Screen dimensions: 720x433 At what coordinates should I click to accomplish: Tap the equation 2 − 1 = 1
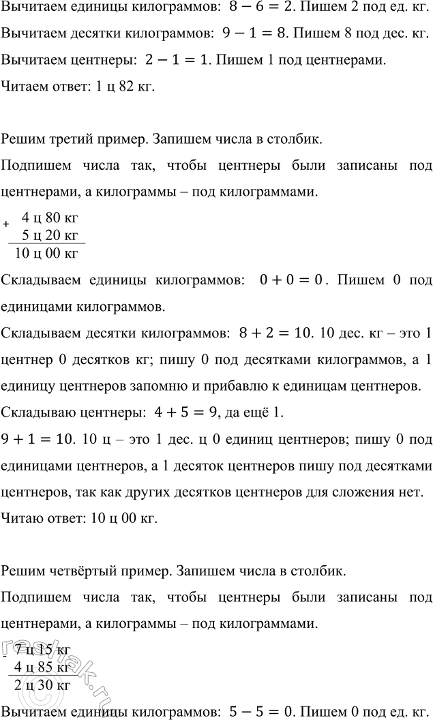coord(177,61)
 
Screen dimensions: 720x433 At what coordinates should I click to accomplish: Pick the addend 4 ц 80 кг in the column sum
coord(51,219)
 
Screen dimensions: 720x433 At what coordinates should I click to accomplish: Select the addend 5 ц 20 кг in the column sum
coord(51,236)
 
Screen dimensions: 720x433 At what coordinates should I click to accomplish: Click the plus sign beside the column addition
coord(7,224)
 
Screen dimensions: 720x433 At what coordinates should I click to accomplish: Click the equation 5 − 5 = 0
coord(258,710)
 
